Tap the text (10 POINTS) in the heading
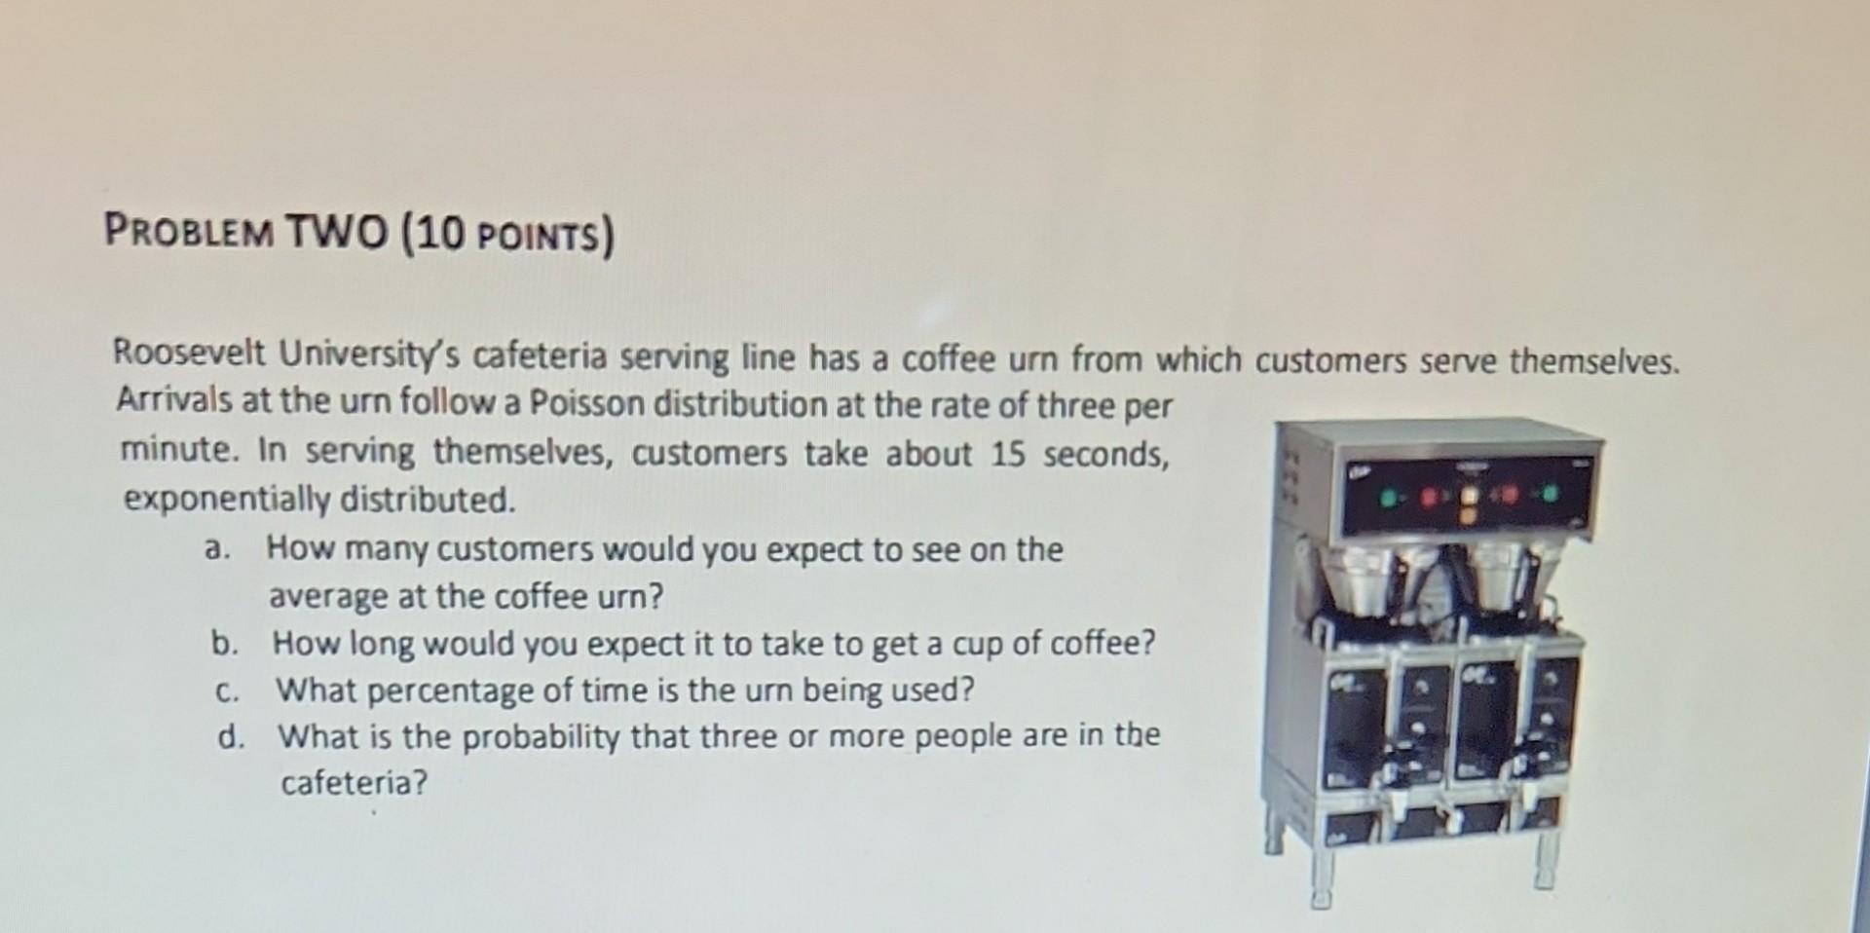click(x=508, y=236)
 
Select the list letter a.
click(x=216, y=548)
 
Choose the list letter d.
click(x=230, y=737)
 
